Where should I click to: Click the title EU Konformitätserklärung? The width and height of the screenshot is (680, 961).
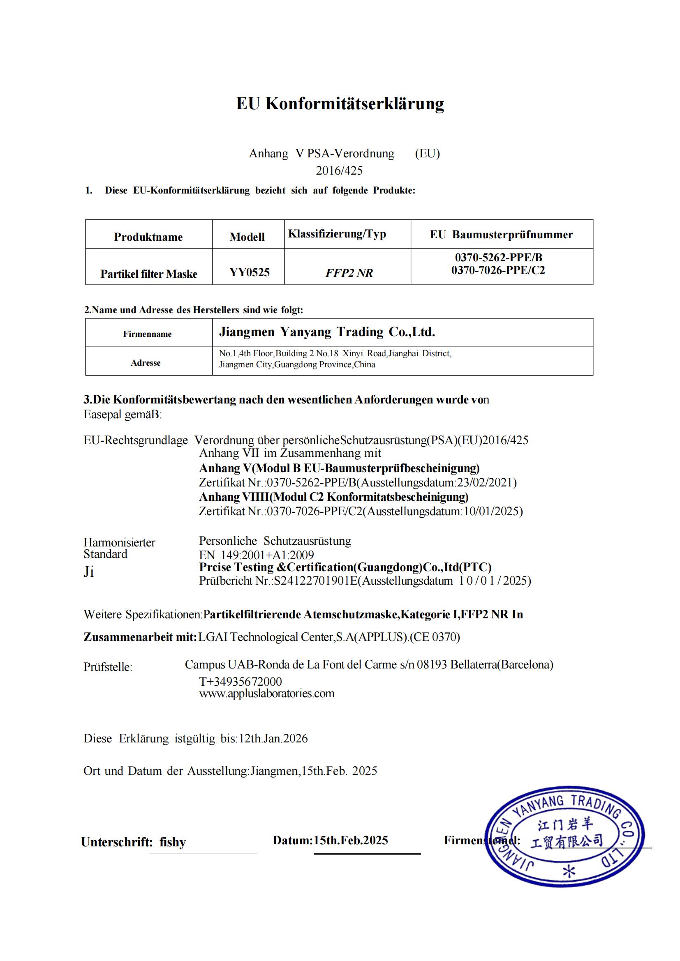pyautogui.click(x=340, y=104)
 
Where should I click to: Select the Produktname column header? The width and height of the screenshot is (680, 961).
pyautogui.click(x=148, y=237)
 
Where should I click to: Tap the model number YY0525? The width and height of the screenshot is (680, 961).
pyautogui.click(x=250, y=272)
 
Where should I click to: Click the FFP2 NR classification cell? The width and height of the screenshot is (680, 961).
pyautogui.click(x=349, y=273)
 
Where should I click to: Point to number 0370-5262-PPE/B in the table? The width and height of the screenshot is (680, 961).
pyautogui.click(x=498, y=258)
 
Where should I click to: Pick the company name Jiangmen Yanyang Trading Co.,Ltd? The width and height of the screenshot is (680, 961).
pyautogui.click(x=327, y=332)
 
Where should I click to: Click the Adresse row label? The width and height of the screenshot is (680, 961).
pyautogui.click(x=145, y=363)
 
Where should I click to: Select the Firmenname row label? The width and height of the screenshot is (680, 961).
pyautogui.click(x=148, y=334)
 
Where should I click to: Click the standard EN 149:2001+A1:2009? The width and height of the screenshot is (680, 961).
pyautogui.click(x=256, y=555)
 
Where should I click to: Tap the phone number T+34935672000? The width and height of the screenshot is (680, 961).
pyautogui.click(x=241, y=681)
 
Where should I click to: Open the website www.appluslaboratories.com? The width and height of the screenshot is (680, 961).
pyautogui.click(x=267, y=694)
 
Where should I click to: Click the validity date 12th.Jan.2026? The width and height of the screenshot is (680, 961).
pyautogui.click(x=273, y=738)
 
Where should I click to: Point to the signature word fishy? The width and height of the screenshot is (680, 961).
pyautogui.click(x=173, y=842)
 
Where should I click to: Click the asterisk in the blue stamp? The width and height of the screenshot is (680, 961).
pyautogui.click(x=569, y=871)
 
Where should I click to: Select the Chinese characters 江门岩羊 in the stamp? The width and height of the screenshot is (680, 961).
pyautogui.click(x=565, y=824)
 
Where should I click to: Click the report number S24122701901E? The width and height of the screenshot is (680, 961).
pyautogui.click(x=315, y=581)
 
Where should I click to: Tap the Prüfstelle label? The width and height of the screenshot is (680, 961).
pyautogui.click(x=108, y=667)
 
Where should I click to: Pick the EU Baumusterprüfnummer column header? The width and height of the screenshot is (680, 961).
pyautogui.click(x=501, y=235)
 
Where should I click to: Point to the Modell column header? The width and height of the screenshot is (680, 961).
pyautogui.click(x=247, y=237)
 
